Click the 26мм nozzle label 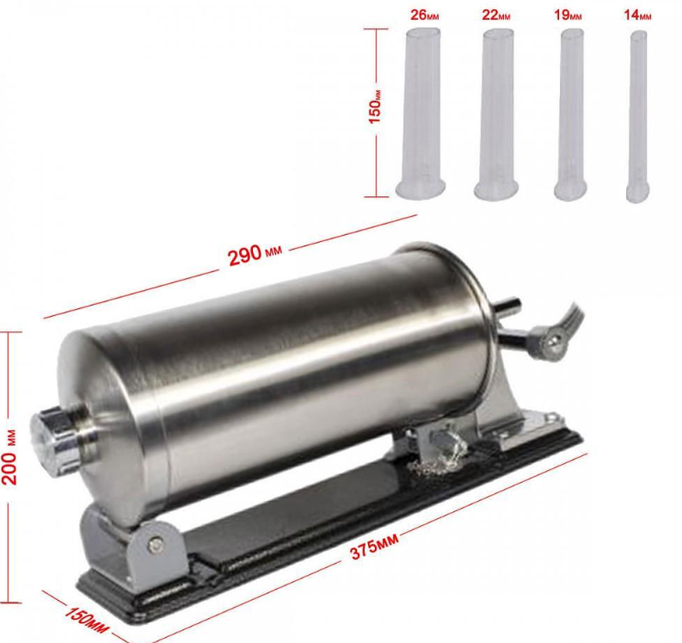425,15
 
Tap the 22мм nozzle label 496,15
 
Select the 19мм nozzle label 568,15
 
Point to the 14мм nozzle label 637,15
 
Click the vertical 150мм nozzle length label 375,107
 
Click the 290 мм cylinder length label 255,254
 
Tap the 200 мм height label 9,457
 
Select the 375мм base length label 374,546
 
